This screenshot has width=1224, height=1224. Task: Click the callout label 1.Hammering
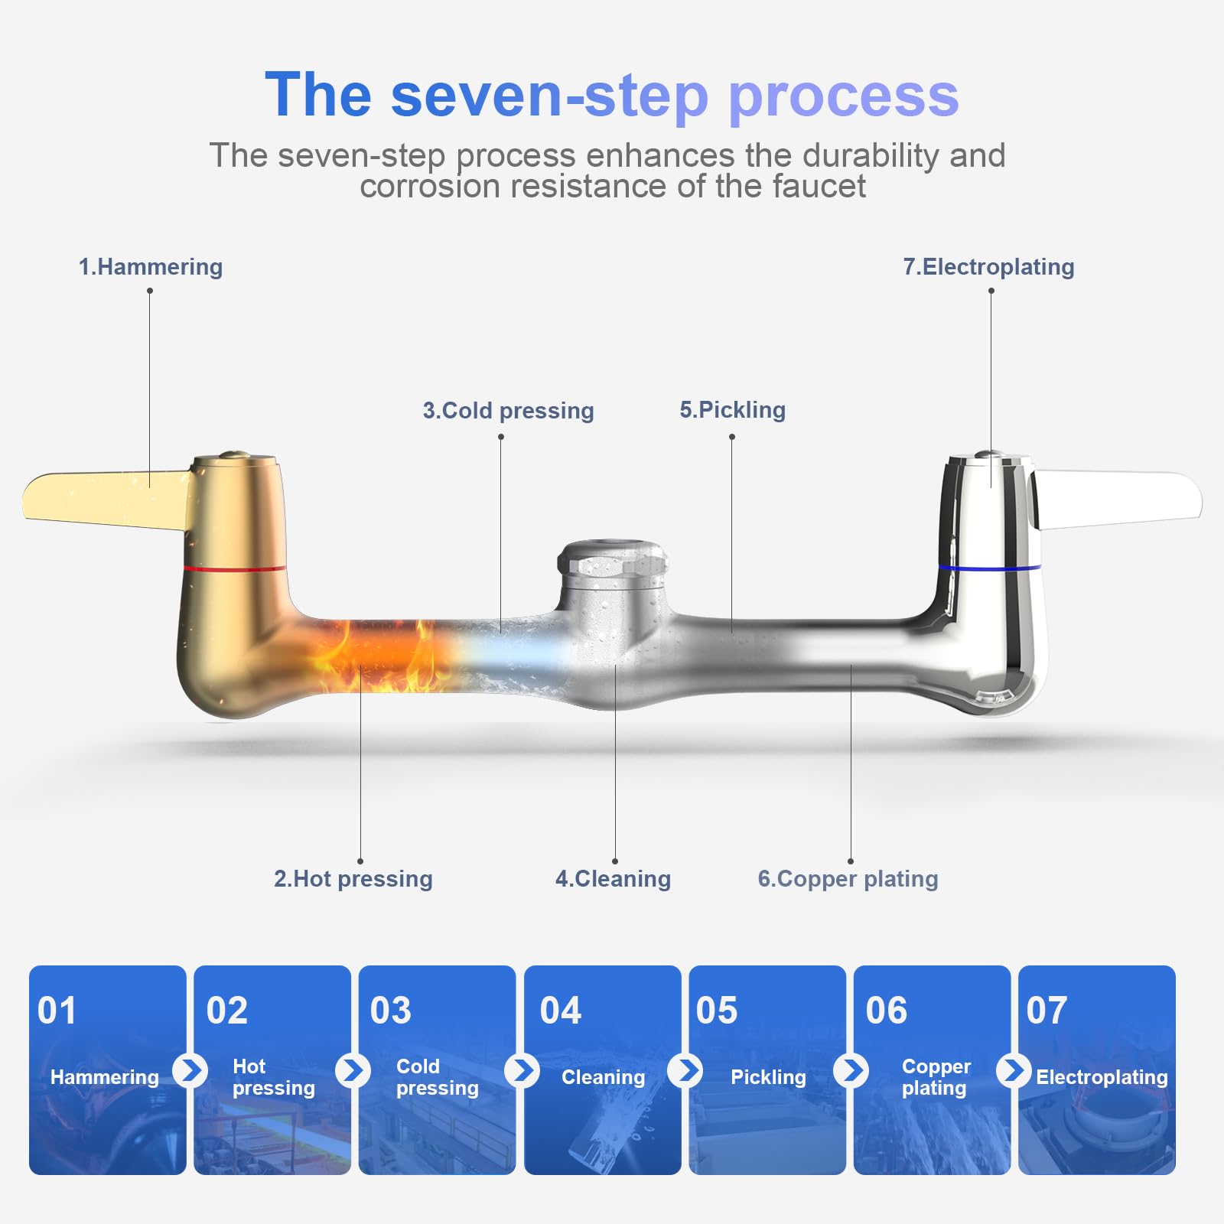point(151,267)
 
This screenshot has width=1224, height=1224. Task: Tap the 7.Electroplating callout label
point(988,267)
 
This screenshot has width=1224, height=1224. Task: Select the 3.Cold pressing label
point(508,411)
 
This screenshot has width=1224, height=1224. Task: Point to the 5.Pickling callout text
point(732,410)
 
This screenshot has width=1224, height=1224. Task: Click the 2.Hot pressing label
point(353,879)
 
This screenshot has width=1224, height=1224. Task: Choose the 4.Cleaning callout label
point(613,879)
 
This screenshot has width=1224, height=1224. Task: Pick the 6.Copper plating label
point(848,879)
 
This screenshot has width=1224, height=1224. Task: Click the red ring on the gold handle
point(235,568)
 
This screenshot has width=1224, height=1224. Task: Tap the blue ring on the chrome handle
point(989,568)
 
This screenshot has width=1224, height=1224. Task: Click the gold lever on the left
point(107,499)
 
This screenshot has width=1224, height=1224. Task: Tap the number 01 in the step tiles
point(57,1011)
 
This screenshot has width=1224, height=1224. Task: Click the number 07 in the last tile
point(1047,1011)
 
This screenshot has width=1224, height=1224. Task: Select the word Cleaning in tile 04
point(603,1078)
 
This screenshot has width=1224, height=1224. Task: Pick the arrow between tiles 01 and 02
point(190,1070)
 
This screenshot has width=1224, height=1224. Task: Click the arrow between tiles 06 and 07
point(1014,1070)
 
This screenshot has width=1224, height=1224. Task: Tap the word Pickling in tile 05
point(768,1078)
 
